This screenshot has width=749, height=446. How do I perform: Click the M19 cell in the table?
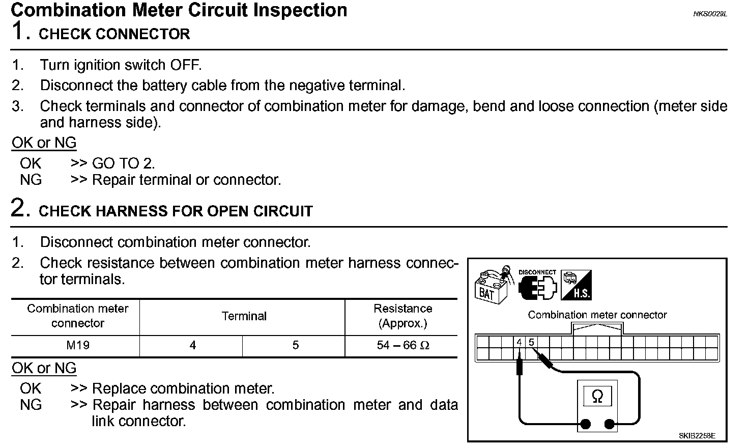coord(77,345)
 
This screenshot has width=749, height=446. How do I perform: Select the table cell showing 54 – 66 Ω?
coord(403,345)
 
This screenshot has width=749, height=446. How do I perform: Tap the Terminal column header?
coord(244,316)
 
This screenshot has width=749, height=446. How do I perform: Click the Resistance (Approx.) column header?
coord(402,316)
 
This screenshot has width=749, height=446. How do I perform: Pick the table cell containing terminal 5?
coord(295,345)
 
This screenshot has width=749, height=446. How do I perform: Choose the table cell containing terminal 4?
coord(192,345)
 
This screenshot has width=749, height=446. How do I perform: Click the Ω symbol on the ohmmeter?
coord(597,396)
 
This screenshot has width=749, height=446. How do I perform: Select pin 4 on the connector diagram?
coord(519,342)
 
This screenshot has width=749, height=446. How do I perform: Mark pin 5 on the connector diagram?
coord(531,342)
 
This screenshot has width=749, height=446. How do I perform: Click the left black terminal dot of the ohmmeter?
coord(586,424)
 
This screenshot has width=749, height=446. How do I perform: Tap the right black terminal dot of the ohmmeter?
coord(609,424)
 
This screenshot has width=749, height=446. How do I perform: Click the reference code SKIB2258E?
coord(697,436)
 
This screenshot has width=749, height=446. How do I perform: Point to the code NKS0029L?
coord(710,14)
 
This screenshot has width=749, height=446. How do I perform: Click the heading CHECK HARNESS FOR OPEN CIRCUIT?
coord(176,211)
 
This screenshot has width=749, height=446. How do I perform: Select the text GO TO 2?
coord(123,163)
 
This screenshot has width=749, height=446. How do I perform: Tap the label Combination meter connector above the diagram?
coord(597,315)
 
